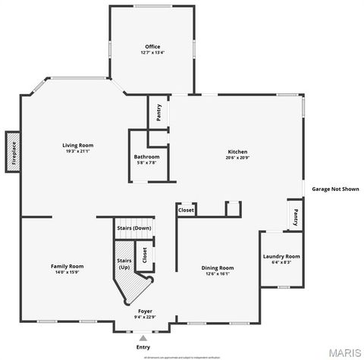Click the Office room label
click(x=152, y=47)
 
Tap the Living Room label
click(x=77, y=145)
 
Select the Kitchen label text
click(x=237, y=152)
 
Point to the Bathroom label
click(x=146, y=157)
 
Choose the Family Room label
click(x=67, y=266)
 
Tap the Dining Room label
click(x=217, y=268)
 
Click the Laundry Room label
click(x=281, y=256)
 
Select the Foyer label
click(x=145, y=311)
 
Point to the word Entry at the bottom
click(x=143, y=347)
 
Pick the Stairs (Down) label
click(x=133, y=228)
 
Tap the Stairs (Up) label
click(x=124, y=264)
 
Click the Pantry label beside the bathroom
click(x=158, y=112)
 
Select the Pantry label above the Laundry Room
click(x=295, y=217)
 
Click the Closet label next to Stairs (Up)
click(x=145, y=255)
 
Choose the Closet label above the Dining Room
click(x=186, y=210)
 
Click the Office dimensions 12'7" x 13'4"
click(x=152, y=53)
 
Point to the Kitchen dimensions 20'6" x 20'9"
click(x=237, y=158)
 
